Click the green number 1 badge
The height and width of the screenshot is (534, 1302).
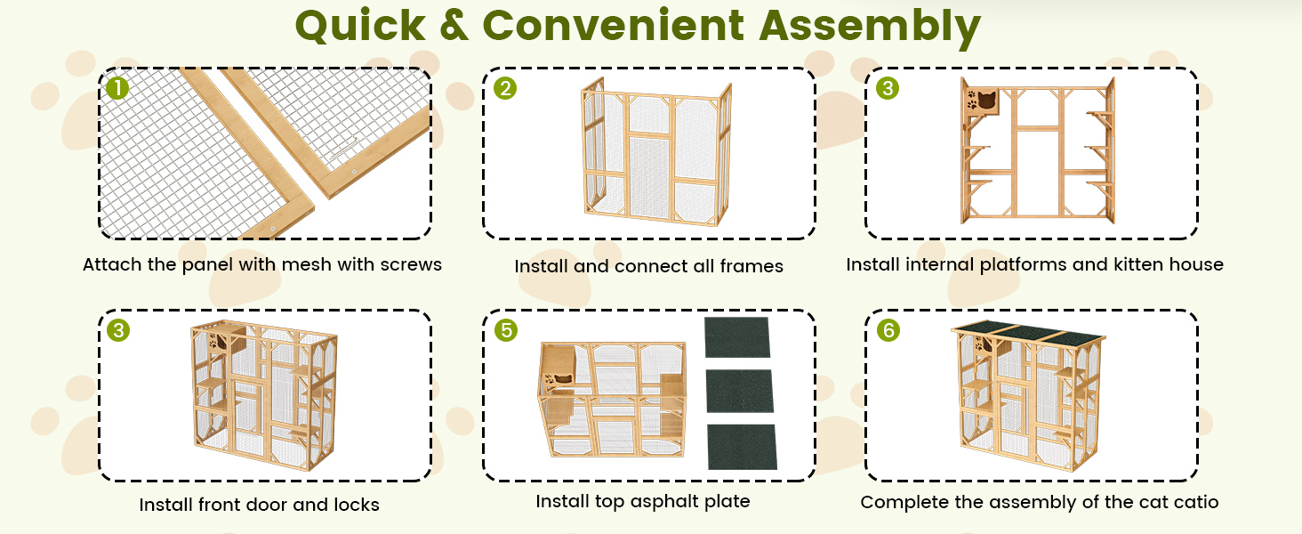[117, 88]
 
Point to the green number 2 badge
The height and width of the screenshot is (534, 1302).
[505, 88]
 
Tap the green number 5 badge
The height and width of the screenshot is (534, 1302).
[505, 330]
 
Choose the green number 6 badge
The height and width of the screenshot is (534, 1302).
[888, 330]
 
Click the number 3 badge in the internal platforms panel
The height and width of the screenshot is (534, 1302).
[888, 88]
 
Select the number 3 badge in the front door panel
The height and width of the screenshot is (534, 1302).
[117, 330]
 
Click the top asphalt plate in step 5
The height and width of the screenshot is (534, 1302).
[737, 337]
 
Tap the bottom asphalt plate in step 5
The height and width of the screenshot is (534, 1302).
[742, 447]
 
